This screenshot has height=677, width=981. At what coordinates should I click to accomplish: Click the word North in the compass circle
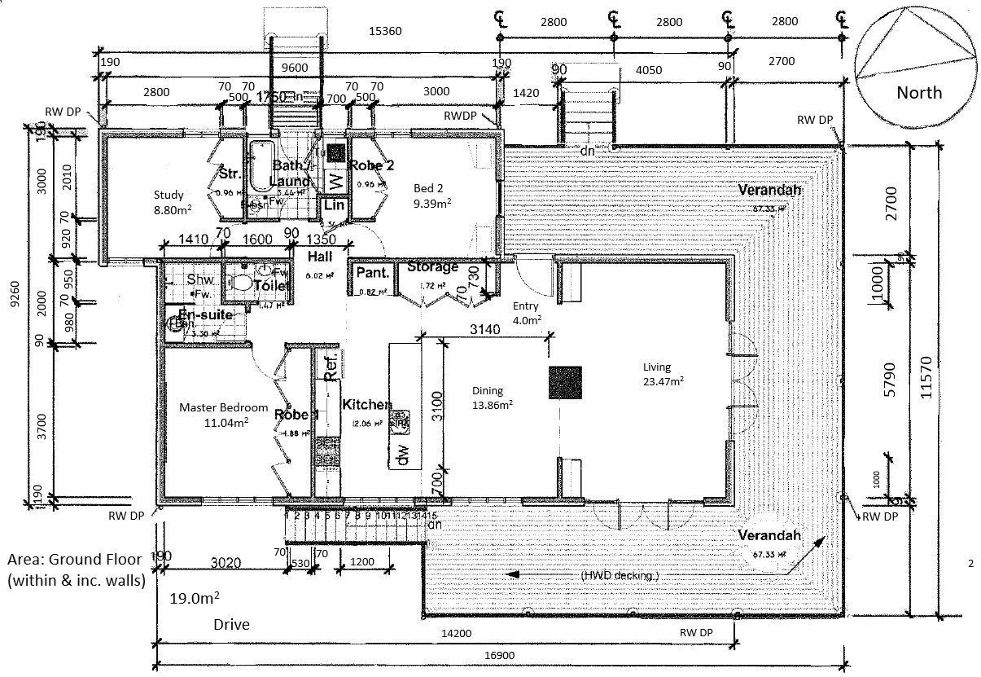pos(919,92)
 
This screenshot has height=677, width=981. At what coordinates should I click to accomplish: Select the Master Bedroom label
pos(223,407)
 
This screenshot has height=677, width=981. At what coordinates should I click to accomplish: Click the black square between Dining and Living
pos(565,383)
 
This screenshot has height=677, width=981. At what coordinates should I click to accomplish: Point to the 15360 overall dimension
pos(386,31)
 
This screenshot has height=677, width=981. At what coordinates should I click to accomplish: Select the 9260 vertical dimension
pos(12,313)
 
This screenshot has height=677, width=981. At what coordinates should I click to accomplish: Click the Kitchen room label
pos(366,405)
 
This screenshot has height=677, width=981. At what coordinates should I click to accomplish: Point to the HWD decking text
pos(620,575)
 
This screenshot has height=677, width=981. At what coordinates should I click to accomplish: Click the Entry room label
pos(526,306)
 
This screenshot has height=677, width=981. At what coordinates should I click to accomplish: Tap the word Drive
pos(231,625)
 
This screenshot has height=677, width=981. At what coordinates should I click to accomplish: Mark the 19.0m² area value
pos(194,599)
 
